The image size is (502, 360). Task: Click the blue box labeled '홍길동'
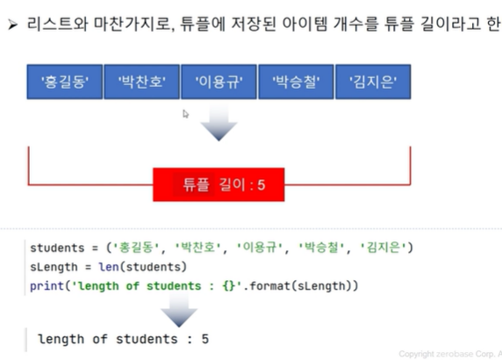(65, 82)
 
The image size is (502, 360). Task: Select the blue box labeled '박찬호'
(142, 82)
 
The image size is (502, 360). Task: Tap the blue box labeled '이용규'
(219, 82)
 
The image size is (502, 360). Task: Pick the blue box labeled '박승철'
(296, 82)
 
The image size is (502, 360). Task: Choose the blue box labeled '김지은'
(373, 82)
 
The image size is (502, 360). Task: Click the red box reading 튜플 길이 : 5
(219, 184)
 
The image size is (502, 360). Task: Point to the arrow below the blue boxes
(219, 122)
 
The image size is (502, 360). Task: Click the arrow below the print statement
(179, 309)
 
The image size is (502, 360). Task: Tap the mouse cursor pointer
(186, 113)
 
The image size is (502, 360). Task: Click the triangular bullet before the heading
(12, 25)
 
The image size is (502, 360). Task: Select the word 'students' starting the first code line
(57, 248)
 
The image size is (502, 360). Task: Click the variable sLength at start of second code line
(54, 267)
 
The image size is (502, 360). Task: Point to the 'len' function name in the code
(109, 267)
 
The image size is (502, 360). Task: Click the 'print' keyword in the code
(47, 286)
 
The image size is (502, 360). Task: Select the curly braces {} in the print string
(228, 285)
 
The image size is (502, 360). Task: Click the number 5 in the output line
(205, 339)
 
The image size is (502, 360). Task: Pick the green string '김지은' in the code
(383, 248)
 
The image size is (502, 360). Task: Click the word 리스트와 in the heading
(57, 24)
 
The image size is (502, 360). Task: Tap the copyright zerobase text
(450, 354)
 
